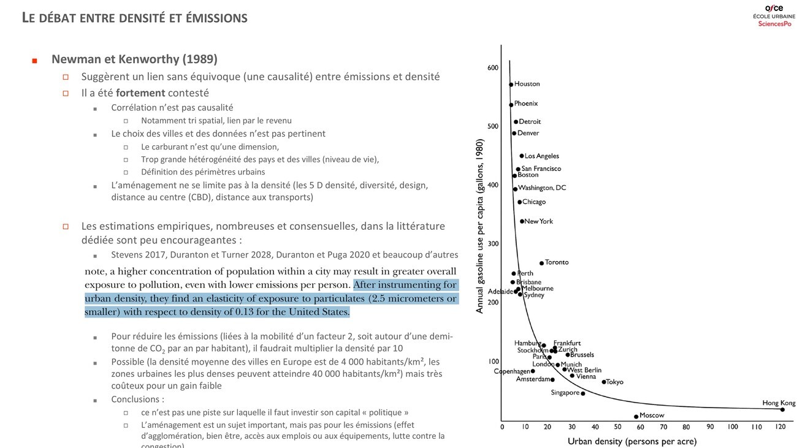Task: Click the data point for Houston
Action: [511, 85]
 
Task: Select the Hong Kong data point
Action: [782, 409]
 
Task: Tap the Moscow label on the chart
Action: [652, 416]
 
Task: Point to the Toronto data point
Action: [541, 263]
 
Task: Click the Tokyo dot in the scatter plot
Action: [603, 382]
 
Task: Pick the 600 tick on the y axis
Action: [493, 68]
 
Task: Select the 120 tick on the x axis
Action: [780, 427]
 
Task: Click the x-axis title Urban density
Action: [631, 441]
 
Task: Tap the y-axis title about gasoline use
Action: [479, 226]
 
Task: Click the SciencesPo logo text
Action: [774, 23]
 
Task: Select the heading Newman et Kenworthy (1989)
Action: [134, 59]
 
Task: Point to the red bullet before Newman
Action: [34, 61]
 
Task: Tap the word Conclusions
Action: [137, 399]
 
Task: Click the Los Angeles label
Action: [541, 156]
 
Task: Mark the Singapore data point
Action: [583, 393]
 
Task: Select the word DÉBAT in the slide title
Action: [59, 18]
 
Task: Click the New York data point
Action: [522, 221]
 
